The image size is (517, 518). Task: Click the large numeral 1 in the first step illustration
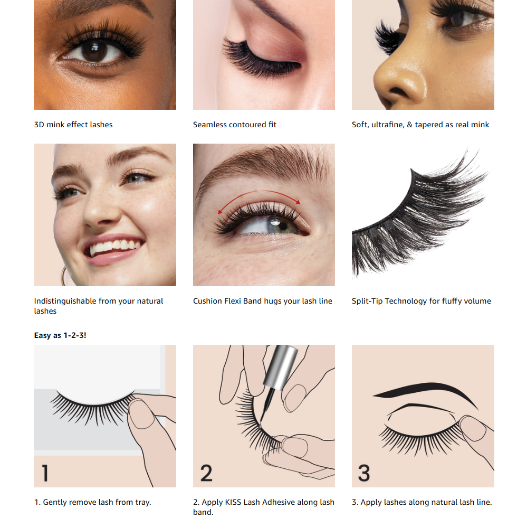(x=45, y=473)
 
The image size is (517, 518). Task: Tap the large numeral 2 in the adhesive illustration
(x=206, y=473)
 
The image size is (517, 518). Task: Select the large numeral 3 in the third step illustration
(x=364, y=473)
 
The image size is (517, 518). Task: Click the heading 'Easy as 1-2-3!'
(x=60, y=335)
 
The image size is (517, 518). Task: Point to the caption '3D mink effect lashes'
(x=73, y=125)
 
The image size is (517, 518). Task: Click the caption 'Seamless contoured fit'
(x=235, y=125)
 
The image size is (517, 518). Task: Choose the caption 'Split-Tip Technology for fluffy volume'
(x=422, y=301)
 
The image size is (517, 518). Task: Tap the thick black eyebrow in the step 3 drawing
(x=426, y=391)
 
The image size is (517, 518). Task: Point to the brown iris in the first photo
(x=94, y=51)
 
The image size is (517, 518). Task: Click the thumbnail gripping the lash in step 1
(x=141, y=415)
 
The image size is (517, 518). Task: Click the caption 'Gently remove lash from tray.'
(x=97, y=502)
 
